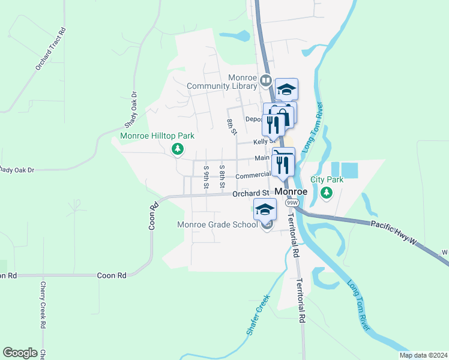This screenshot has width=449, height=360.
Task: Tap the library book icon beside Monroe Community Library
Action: click(265, 79)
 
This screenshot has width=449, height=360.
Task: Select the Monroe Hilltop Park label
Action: click(157, 136)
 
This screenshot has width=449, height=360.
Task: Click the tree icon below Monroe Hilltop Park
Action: click(177, 149)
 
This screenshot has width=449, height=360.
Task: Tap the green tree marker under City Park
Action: click(326, 193)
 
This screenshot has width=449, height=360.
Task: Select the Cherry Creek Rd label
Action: click(43, 305)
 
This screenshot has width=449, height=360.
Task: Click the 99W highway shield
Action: click(292, 203)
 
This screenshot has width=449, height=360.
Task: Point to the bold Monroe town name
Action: click(291, 191)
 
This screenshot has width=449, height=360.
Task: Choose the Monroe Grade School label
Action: click(218, 225)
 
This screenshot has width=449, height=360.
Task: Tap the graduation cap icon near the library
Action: click(287, 89)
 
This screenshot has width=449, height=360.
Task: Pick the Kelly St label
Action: click(259, 141)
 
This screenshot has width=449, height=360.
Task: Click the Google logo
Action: click(20, 353)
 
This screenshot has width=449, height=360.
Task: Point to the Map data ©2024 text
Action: click(423, 355)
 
